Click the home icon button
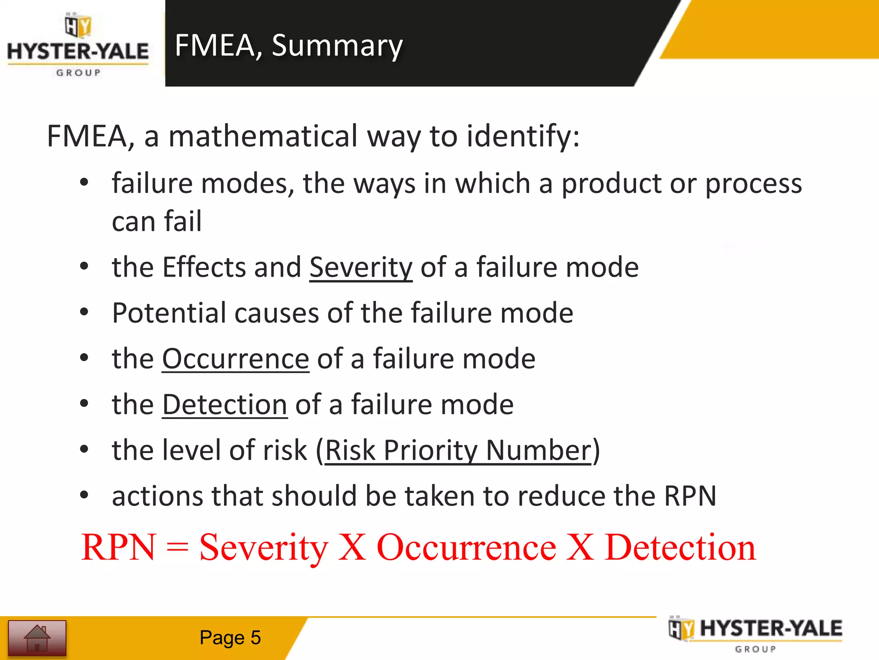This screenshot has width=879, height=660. tap(37, 638)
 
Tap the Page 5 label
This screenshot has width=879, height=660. tap(230, 638)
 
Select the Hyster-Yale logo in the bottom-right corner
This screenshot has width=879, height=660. tap(755, 634)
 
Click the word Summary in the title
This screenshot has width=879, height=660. tap(337, 46)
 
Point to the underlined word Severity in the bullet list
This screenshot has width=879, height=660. tap(361, 267)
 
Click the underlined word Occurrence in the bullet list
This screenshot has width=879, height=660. tap(235, 359)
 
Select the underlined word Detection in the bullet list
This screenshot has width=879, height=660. tap(224, 405)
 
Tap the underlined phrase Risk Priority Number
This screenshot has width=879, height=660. tap(458, 451)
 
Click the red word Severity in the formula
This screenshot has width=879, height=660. tap(264, 547)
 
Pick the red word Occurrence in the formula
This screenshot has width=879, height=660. tap(466, 547)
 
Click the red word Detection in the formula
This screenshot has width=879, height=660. tap(680, 547)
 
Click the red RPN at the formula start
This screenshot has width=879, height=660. tap(118, 547)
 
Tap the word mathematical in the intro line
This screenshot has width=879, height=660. tap(263, 136)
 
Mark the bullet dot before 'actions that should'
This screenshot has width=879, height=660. tap(84, 495)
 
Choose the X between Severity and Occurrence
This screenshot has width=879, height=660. tap(352, 547)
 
